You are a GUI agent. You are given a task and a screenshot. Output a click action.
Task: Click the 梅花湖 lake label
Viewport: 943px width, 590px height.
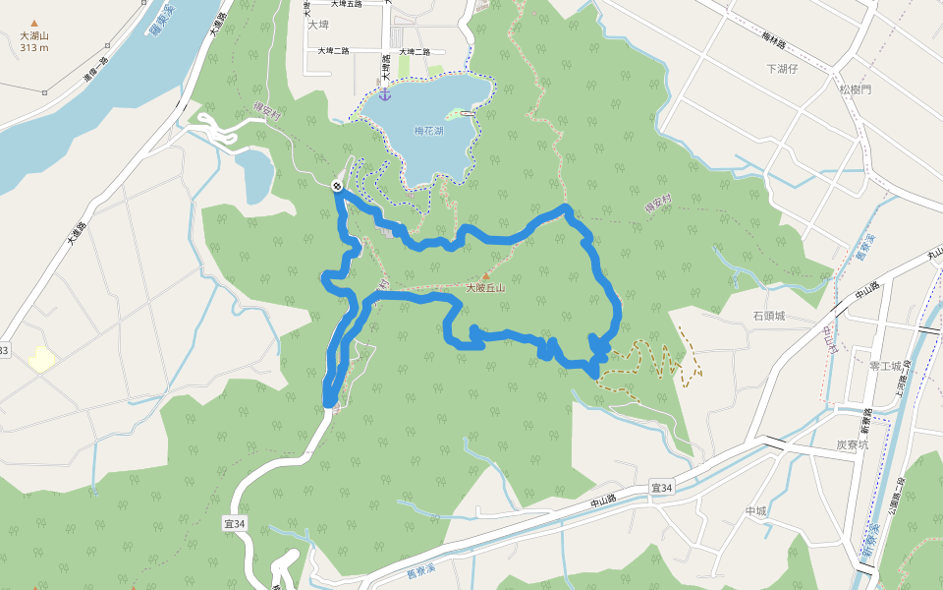pyautogui.click(x=429, y=131)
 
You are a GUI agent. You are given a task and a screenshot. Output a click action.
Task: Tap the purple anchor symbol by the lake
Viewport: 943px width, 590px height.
pyautogui.click(x=385, y=94)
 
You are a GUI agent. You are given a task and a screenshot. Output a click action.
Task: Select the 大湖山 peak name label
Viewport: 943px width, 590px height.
pyautogui.click(x=34, y=36)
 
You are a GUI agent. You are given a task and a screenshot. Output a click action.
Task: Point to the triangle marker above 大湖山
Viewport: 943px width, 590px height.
pyautogui.click(x=34, y=23)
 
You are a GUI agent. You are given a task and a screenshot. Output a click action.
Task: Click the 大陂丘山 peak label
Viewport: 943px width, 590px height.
pyautogui.click(x=484, y=288)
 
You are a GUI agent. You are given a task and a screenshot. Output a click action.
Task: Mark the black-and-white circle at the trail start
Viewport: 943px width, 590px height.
pyautogui.click(x=338, y=186)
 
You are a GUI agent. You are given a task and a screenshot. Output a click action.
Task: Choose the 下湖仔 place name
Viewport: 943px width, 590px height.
pyautogui.click(x=785, y=69)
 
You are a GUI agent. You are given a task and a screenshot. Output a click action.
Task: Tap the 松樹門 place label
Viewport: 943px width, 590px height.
pyautogui.click(x=855, y=89)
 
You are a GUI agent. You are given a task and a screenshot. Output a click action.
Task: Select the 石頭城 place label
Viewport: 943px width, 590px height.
pyautogui.click(x=769, y=317)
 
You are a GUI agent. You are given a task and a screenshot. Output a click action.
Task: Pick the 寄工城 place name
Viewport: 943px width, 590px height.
pyautogui.click(x=885, y=366)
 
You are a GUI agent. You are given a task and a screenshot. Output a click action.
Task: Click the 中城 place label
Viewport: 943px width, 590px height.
pyautogui.click(x=754, y=511)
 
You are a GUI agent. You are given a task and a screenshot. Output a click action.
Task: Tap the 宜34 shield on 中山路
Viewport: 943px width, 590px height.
pyautogui.click(x=662, y=488)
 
